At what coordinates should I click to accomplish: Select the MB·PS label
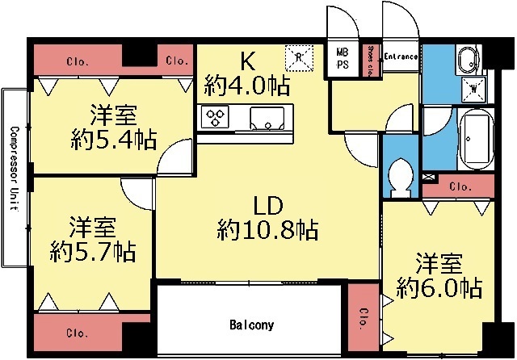coord(343,59)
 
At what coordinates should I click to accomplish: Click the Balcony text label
coord(251,325)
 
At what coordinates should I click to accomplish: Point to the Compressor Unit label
coord(14,167)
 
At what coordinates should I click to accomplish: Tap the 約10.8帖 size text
coord(267,231)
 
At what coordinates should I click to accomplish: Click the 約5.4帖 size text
coord(111,137)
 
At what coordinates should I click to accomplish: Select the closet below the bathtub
coord(460,186)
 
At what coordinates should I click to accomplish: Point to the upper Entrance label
coord(400,57)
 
